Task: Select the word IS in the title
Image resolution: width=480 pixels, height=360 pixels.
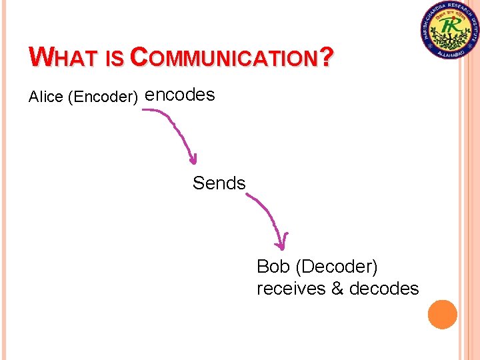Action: click(x=115, y=59)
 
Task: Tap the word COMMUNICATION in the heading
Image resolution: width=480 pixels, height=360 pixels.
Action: click(x=223, y=58)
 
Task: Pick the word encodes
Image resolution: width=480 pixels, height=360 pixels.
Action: click(x=180, y=95)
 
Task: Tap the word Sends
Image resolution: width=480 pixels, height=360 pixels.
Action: click(x=219, y=183)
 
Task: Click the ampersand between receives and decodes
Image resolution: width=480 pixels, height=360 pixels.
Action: click(x=337, y=289)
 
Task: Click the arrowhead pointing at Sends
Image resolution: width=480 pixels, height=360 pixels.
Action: click(x=193, y=159)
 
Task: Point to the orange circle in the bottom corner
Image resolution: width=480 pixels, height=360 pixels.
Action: click(x=442, y=314)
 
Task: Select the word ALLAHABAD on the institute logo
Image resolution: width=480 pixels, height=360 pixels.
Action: click(x=451, y=53)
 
